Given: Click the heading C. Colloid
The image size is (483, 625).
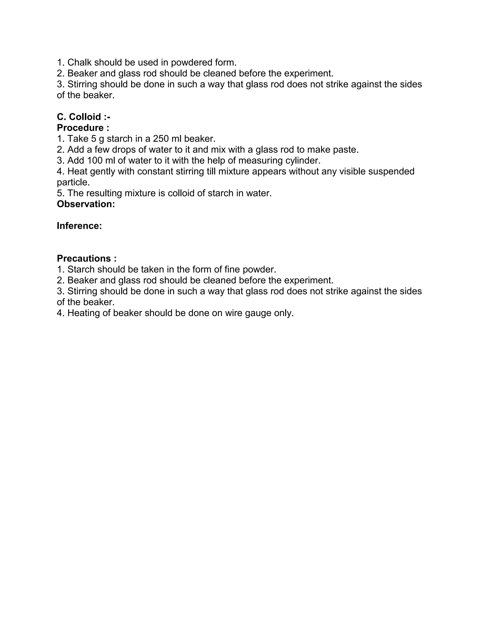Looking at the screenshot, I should pyautogui.click(x=83, y=117).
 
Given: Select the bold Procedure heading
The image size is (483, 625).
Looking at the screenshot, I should pyautogui.click(x=83, y=128).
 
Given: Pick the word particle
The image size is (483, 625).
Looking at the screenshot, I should pyautogui.click(x=73, y=182).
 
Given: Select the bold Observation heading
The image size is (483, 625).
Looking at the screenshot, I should pyautogui.click(x=86, y=204).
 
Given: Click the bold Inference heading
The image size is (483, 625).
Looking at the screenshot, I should pyautogui.click(x=79, y=226).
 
